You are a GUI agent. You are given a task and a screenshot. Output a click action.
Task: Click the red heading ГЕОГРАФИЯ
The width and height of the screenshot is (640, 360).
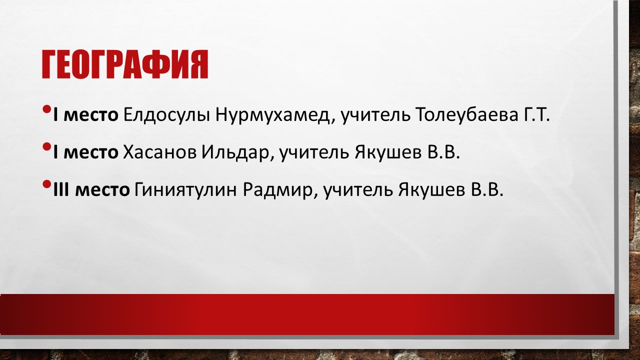point(125,64)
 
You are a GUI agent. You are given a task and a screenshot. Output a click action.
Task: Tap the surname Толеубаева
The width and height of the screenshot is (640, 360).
point(467,114)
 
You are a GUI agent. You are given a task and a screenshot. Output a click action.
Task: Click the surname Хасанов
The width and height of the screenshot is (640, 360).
point(159,152)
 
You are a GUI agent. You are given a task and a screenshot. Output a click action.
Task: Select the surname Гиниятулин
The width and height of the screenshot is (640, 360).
point(185,189)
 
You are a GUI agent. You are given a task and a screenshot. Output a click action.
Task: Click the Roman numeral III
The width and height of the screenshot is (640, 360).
point(61,189)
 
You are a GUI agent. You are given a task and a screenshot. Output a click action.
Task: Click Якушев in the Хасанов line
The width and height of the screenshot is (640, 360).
point(388,153)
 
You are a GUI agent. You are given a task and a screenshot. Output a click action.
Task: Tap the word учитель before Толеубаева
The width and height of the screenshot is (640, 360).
point(375,115)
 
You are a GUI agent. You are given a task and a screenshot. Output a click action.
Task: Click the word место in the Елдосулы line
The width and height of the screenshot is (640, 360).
point(91,115)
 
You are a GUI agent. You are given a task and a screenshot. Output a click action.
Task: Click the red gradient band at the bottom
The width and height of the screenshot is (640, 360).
point(307,314)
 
